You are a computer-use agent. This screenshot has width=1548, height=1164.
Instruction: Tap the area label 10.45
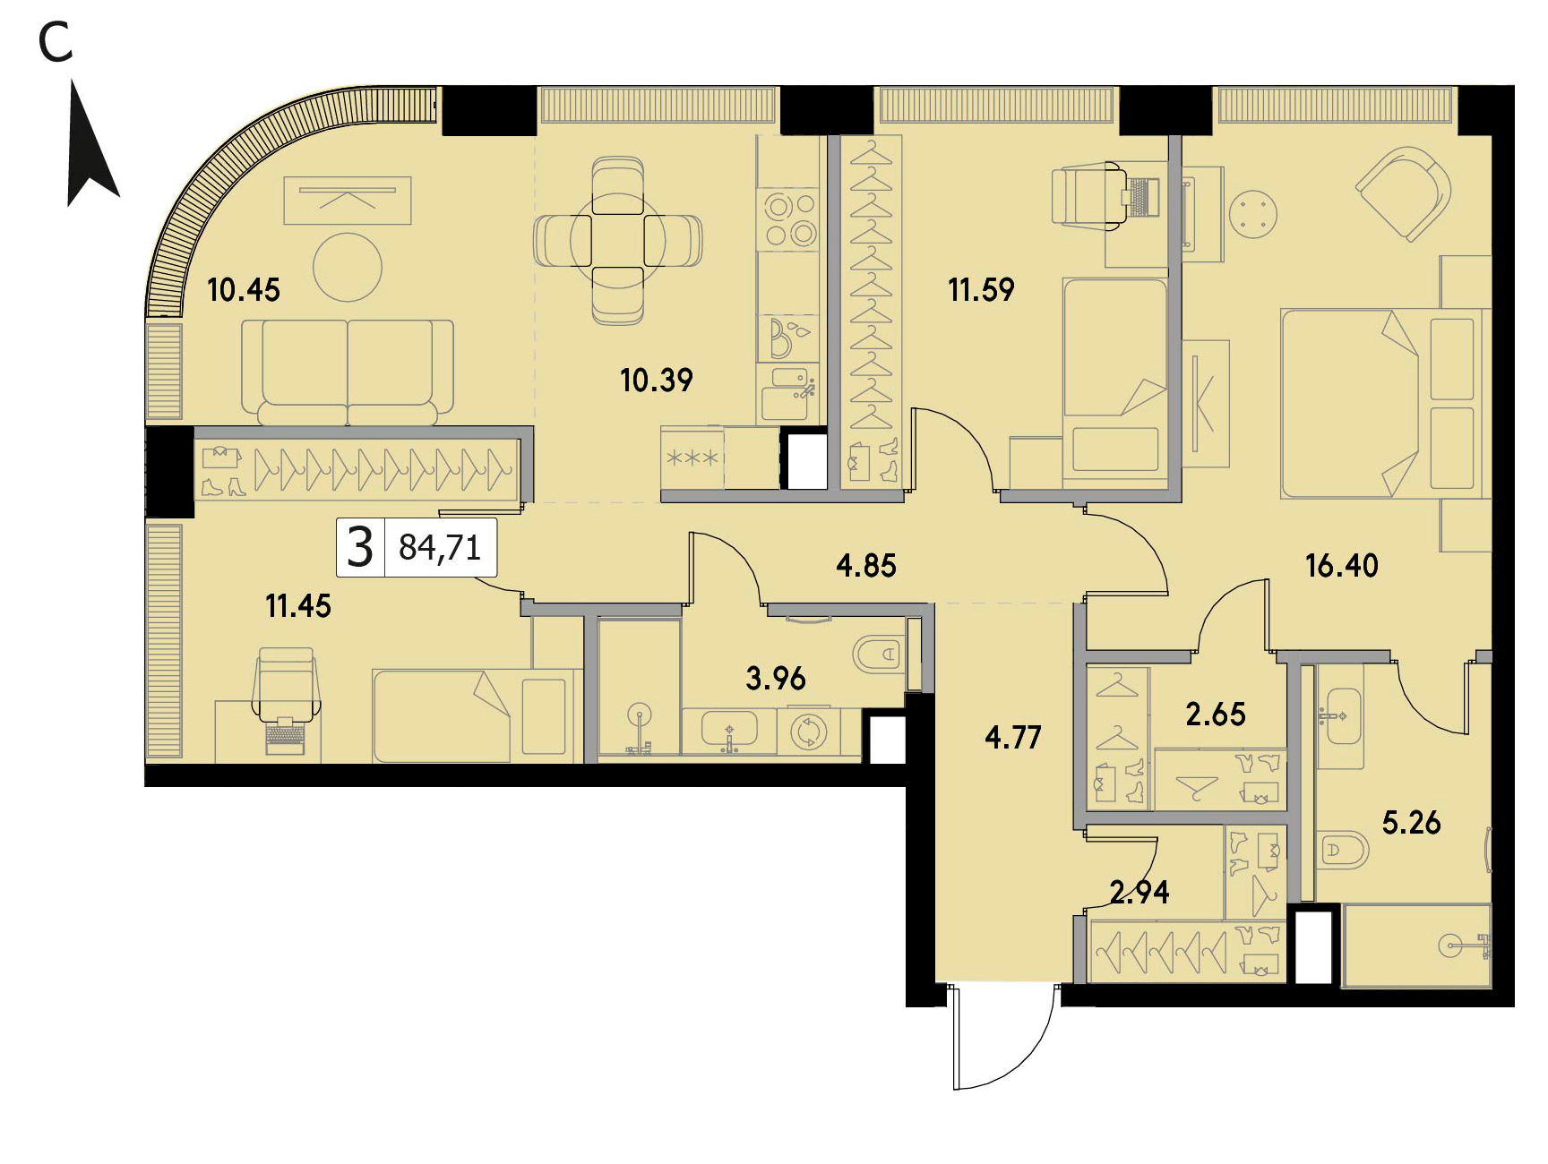point(244,290)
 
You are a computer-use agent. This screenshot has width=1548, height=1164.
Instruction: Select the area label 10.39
point(657,381)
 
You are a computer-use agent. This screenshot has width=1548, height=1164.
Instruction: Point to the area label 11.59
point(981,290)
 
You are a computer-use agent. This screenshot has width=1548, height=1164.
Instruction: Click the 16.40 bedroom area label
point(1342,566)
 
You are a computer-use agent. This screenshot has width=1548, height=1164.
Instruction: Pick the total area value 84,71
point(440,547)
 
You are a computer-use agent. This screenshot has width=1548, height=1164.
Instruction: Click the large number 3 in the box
point(360,547)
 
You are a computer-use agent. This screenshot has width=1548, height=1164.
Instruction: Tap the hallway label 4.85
point(866,566)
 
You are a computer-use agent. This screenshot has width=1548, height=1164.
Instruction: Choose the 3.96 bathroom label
point(776,679)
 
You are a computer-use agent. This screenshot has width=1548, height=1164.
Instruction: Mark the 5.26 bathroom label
point(1412,823)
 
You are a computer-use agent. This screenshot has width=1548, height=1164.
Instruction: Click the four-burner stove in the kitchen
point(787,219)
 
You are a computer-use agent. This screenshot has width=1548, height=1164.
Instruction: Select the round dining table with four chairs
point(618,241)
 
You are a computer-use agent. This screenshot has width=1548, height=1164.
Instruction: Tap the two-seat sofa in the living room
point(348,372)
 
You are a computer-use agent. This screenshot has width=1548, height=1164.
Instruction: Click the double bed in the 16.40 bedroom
point(1384,403)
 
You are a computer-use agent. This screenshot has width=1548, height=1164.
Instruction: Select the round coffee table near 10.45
point(348,267)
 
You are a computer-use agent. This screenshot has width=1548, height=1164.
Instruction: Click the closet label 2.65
point(1216,715)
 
